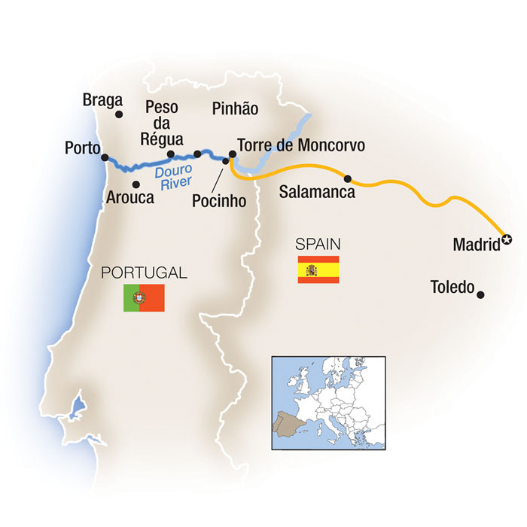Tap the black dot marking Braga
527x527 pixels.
point(119,114)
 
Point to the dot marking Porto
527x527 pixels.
point(103,149)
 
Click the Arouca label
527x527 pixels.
point(132,198)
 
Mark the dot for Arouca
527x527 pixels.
point(136,184)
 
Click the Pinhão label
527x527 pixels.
point(235,108)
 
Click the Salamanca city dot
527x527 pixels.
point(348,178)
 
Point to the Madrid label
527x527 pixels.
point(477,244)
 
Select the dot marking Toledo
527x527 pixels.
point(480,294)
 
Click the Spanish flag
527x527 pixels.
point(318,270)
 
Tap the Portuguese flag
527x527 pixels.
point(144,298)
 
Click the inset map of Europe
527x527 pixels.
point(327,402)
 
